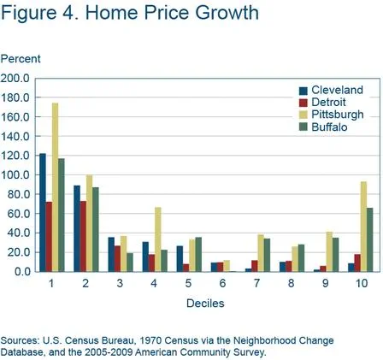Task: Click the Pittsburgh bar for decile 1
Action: tap(56, 187)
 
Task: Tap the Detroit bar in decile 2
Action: tap(82, 236)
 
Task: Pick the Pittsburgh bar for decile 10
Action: tap(362, 227)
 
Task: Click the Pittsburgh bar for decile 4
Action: tap(158, 239)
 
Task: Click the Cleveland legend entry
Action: tap(336, 90)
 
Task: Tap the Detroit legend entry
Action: tap(329, 102)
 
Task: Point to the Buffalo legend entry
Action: tap(329, 126)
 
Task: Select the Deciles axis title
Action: tap(204, 303)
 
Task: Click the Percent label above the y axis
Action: tap(20, 59)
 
